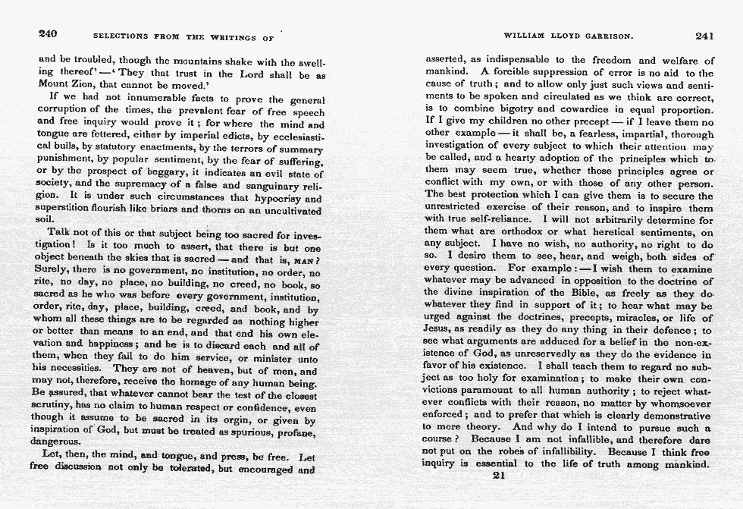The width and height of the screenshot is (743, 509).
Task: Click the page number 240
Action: tap(49, 34)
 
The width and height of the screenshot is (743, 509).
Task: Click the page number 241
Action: tap(704, 35)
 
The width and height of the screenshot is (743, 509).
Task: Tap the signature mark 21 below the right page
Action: tap(498, 476)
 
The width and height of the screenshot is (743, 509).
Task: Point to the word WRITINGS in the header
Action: tap(226, 36)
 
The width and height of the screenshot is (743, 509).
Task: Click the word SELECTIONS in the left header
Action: tap(121, 36)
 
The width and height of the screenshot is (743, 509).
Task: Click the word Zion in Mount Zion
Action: tap(86, 85)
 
